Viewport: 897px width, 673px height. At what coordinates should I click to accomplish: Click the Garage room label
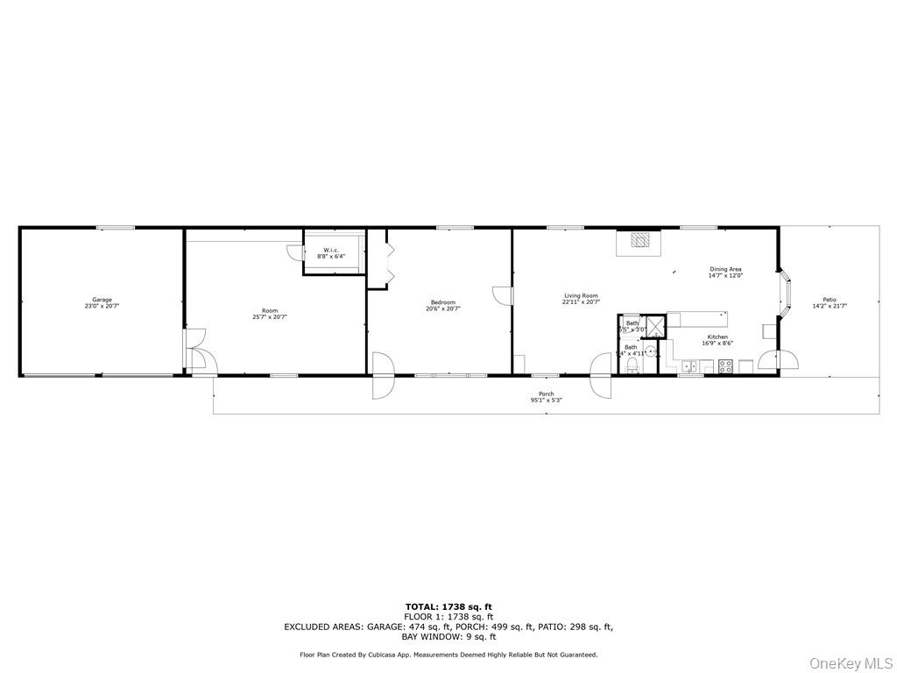(102, 301)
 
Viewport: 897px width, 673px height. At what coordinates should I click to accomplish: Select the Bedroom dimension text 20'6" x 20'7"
(442, 308)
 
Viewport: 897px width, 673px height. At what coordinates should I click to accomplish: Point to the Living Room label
(580, 296)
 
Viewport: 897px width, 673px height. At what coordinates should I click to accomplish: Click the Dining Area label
(725, 269)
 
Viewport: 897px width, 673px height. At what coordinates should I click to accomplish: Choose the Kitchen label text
(717, 336)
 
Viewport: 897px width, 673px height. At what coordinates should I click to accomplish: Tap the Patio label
(829, 300)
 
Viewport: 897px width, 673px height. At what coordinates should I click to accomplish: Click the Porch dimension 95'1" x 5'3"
(546, 400)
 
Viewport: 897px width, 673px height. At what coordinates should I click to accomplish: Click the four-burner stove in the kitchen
(725, 367)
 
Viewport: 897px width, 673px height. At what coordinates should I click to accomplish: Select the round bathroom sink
(651, 351)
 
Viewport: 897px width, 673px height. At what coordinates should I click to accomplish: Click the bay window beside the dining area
(786, 293)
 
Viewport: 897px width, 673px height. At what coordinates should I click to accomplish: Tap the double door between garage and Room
(195, 349)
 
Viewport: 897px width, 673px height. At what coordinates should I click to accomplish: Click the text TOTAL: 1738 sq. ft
(448, 606)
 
